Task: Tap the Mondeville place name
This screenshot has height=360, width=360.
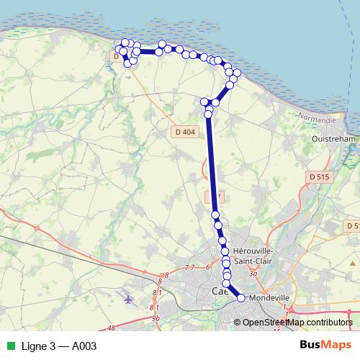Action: tap(269, 296)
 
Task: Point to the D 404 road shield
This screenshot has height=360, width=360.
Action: tap(184, 132)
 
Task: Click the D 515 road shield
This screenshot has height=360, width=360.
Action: tap(318, 176)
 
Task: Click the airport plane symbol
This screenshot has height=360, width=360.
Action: tap(129, 299)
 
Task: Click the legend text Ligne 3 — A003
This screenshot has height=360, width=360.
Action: tap(58, 346)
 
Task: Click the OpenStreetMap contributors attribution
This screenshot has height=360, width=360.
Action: tap(297, 323)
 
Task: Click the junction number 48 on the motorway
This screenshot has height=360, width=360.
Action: tap(111, 328)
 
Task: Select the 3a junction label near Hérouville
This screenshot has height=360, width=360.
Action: tap(253, 274)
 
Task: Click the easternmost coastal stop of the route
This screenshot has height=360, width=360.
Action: tap(237, 73)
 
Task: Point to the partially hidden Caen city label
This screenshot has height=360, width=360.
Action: tap(220, 291)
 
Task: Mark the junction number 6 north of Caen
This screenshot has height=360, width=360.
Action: tap(207, 268)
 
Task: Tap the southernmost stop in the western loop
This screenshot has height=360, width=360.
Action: tap(128, 63)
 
